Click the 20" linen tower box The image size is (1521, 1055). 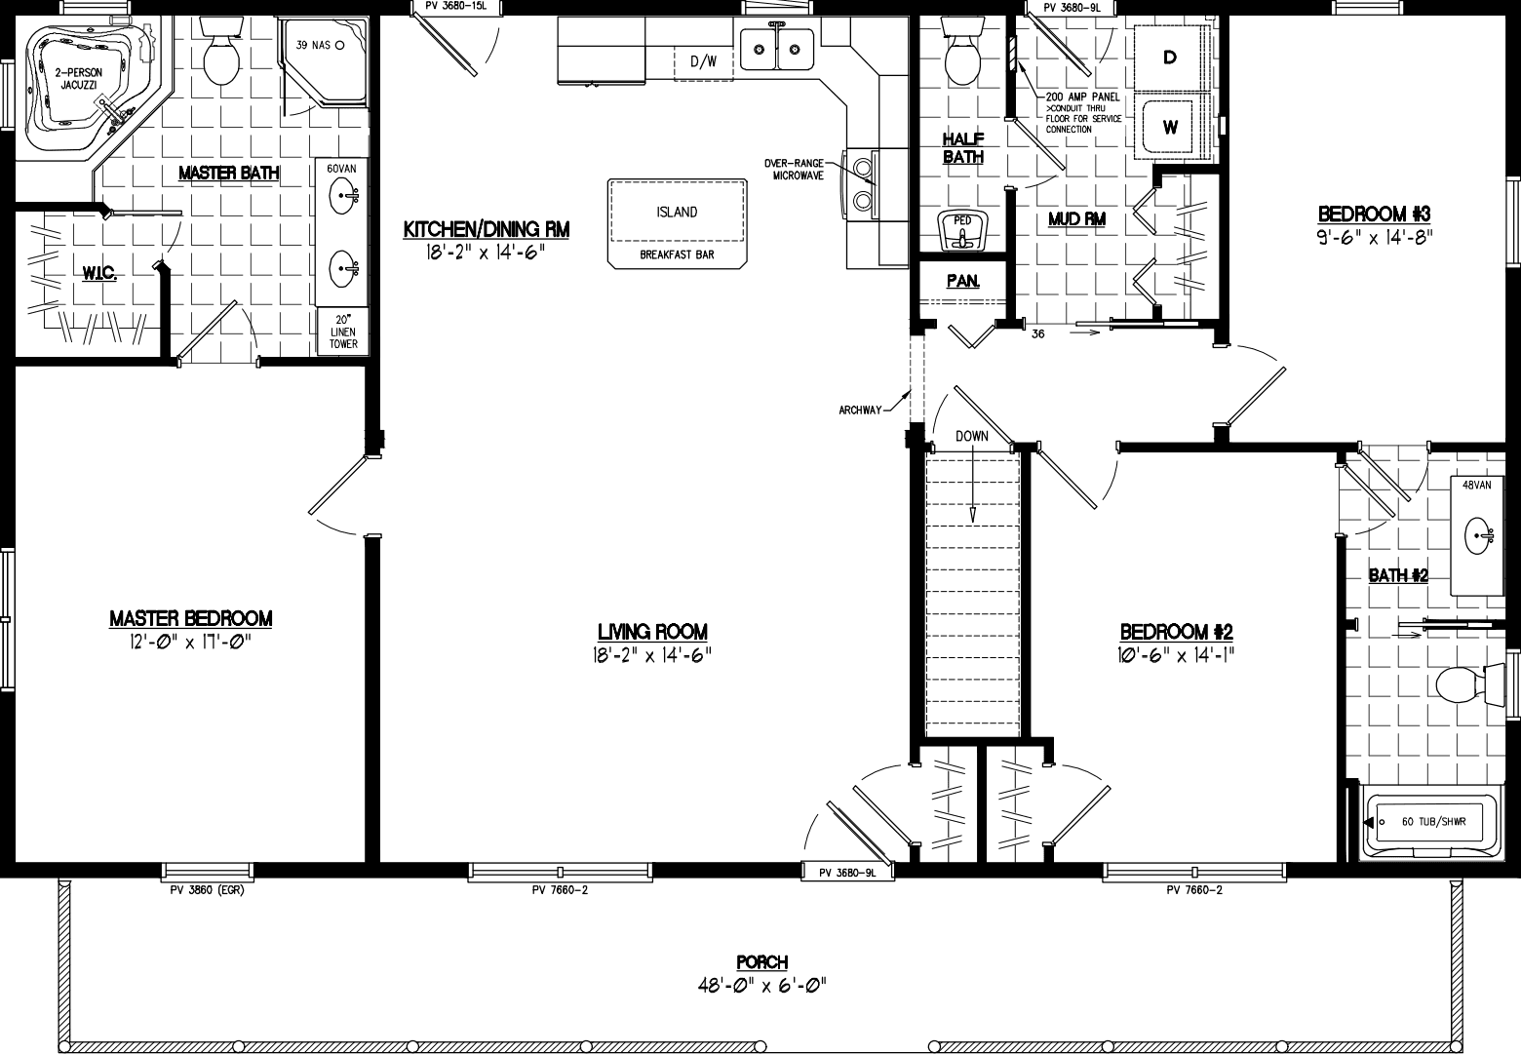coord(343,332)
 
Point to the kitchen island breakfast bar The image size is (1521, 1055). coord(676,222)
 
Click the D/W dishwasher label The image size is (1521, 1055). coord(703,62)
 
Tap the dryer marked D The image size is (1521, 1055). coord(1170,58)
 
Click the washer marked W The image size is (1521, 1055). coord(1170,127)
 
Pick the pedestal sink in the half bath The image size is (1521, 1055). coord(962,232)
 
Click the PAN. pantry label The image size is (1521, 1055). coord(962,281)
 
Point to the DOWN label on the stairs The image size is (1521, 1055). coord(972,436)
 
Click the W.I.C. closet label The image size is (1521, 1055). coord(99,276)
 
